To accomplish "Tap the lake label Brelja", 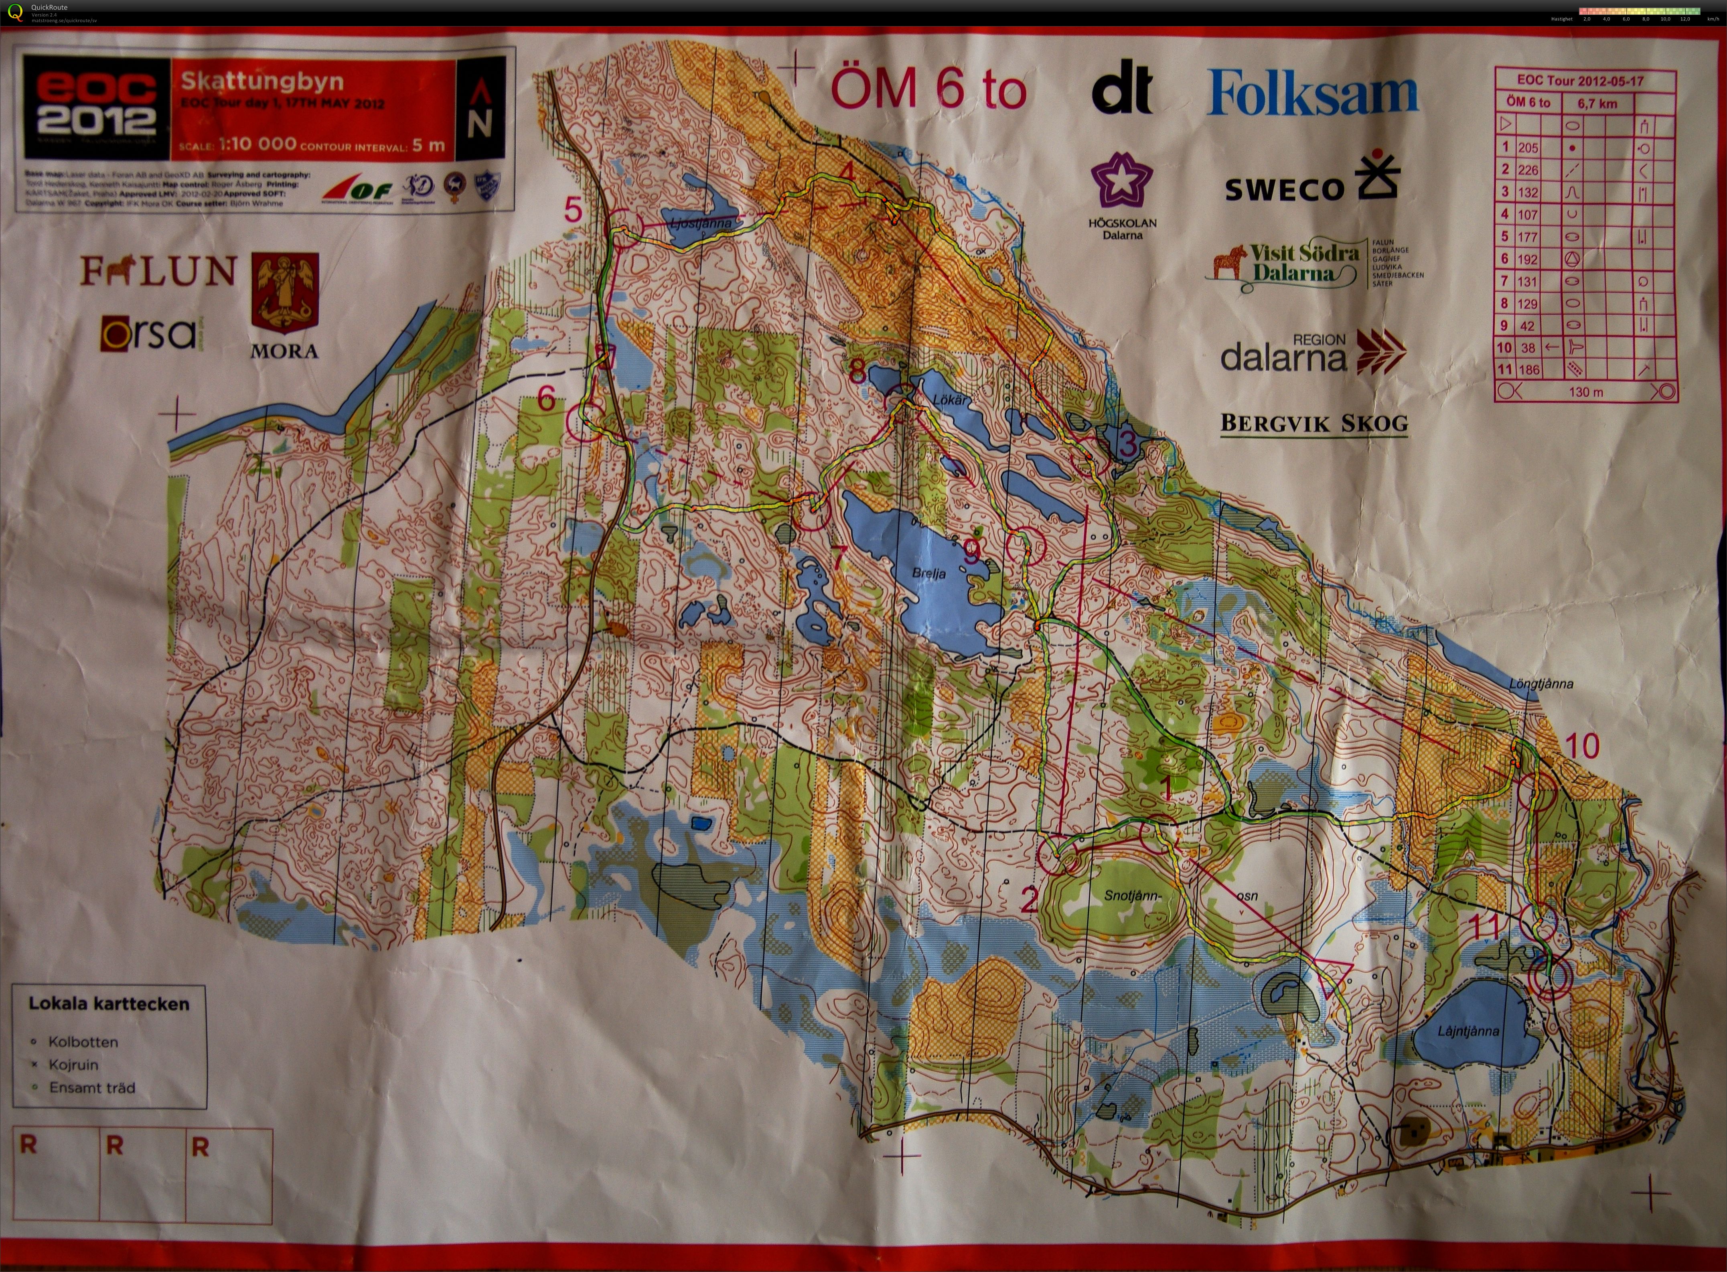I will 929,574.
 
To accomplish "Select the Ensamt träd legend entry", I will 91,1088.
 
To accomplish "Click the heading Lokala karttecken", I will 109,1004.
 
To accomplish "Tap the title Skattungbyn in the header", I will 262,81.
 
